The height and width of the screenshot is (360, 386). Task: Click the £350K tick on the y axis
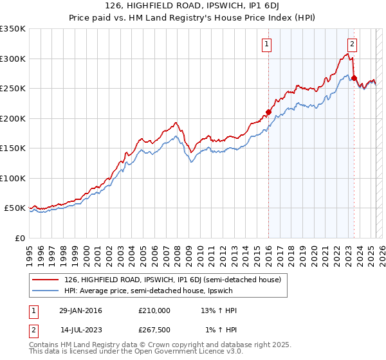pos(13,29)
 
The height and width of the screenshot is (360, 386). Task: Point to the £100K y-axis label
pos(13,178)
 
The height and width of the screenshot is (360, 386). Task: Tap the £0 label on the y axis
pos(19,238)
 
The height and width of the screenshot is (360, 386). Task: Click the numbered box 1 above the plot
pos(266,44)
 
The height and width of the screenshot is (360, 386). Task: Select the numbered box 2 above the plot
pos(353,44)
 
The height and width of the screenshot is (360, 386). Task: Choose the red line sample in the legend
pos(46,280)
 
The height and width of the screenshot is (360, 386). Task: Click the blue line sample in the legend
pos(46,291)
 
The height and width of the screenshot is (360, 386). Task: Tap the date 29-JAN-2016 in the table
pos(80,310)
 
